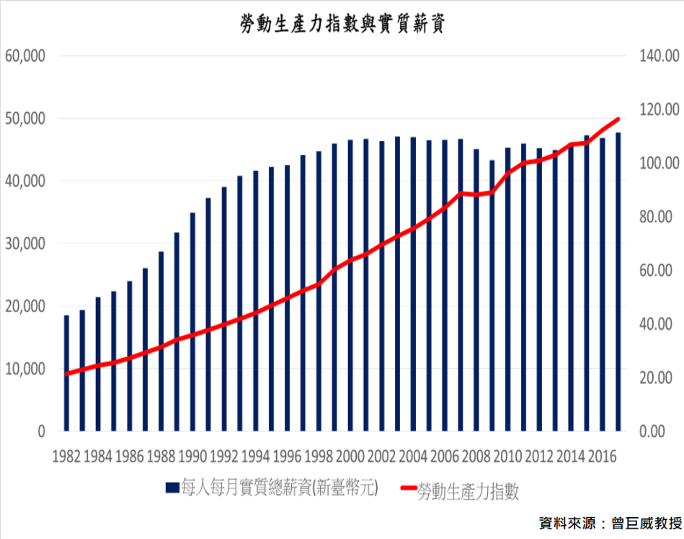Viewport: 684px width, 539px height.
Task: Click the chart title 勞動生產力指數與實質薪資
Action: point(342,23)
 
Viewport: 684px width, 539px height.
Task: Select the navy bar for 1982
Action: point(67,373)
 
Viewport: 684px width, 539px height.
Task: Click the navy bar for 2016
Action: point(603,284)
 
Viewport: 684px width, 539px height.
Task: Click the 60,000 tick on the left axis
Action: point(25,56)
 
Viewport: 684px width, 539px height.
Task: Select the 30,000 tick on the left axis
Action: point(25,244)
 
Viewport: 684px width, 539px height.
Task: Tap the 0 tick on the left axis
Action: point(41,431)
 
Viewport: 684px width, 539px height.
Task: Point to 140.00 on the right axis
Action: point(659,56)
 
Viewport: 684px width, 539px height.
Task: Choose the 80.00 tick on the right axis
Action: point(656,217)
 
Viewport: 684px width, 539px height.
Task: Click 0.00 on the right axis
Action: point(652,431)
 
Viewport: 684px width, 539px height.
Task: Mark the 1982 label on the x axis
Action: point(67,456)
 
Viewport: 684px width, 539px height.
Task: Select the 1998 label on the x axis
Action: point(319,456)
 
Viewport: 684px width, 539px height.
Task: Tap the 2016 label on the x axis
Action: point(603,456)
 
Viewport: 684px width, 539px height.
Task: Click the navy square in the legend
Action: point(172,487)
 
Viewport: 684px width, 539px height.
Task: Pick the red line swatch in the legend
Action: point(408,488)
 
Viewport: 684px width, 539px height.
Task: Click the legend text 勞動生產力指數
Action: point(468,491)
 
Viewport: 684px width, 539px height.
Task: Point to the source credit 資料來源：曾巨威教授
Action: point(610,523)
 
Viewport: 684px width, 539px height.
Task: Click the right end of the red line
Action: point(618,119)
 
